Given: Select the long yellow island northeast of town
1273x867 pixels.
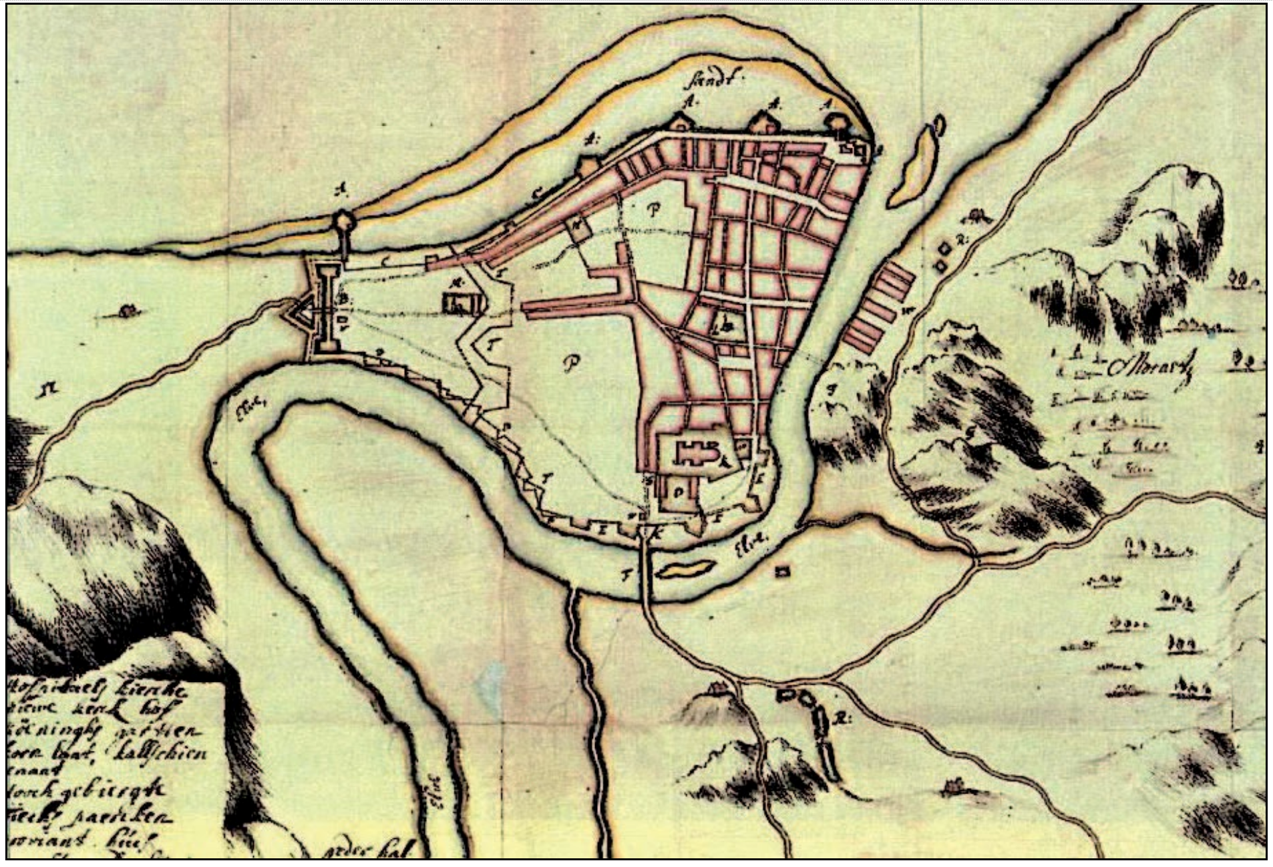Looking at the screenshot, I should [914, 164].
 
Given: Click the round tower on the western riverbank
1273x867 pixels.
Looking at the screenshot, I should [343, 220].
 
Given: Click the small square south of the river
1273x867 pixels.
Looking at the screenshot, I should [781, 572].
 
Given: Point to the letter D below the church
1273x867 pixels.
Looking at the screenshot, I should [679, 493].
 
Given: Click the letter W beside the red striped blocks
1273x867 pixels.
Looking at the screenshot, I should [908, 311].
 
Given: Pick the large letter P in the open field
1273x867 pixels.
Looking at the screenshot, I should [570, 363].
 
